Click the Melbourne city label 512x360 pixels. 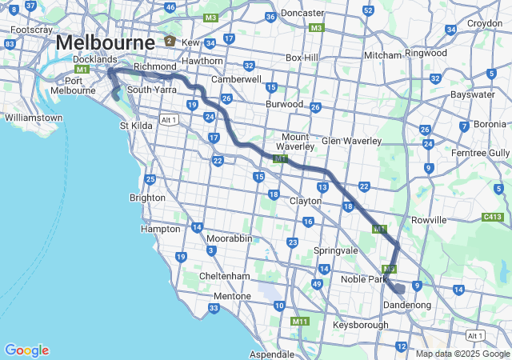(105, 42)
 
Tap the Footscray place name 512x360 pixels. (31, 30)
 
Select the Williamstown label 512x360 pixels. (34, 118)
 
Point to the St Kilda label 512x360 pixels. (135, 126)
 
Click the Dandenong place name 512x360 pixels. (407, 305)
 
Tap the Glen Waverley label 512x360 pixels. (351, 141)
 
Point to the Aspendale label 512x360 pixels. (273, 353)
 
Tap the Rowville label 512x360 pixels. (428, 219)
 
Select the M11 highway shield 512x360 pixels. (300, 322)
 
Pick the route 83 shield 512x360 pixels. (10, 44)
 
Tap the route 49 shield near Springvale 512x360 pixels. (318, 284)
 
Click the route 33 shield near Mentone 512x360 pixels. (213, 308)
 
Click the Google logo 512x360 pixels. (26, 350)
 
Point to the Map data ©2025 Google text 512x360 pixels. (462, 354)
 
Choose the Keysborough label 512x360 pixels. (361, 325)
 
